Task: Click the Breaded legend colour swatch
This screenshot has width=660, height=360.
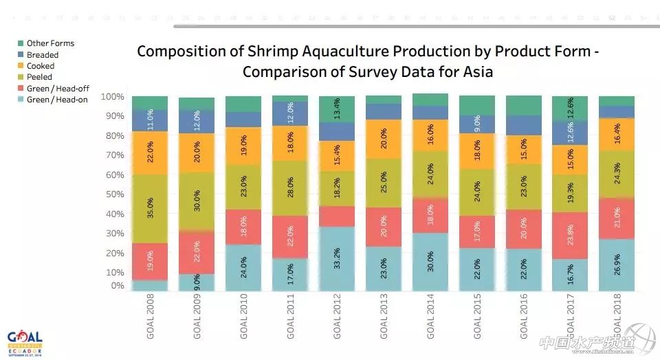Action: pyautogui.click(x=21, y=55)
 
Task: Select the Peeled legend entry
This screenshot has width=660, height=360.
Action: pyautogui.click(x=39, y=77)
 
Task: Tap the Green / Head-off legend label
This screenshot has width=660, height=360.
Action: pyautogui.click(x=58, y=89)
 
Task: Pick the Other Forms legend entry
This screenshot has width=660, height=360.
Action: pyautogui.click(x=50, y=43)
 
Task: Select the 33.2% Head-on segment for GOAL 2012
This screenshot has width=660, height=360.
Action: pyautogui.click(x=337, y=259)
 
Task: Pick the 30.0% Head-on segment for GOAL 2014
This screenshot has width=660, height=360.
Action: pyautogui.click(x=430, y=262)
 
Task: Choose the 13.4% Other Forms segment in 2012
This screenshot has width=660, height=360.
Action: pyautogui.click(x=337, y=109)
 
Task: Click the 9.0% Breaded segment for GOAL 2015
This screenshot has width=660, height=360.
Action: pyautogui.click(x=477, y=124)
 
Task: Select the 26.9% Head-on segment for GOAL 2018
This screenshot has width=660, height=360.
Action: pyautogui.click(x=617, y=265)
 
